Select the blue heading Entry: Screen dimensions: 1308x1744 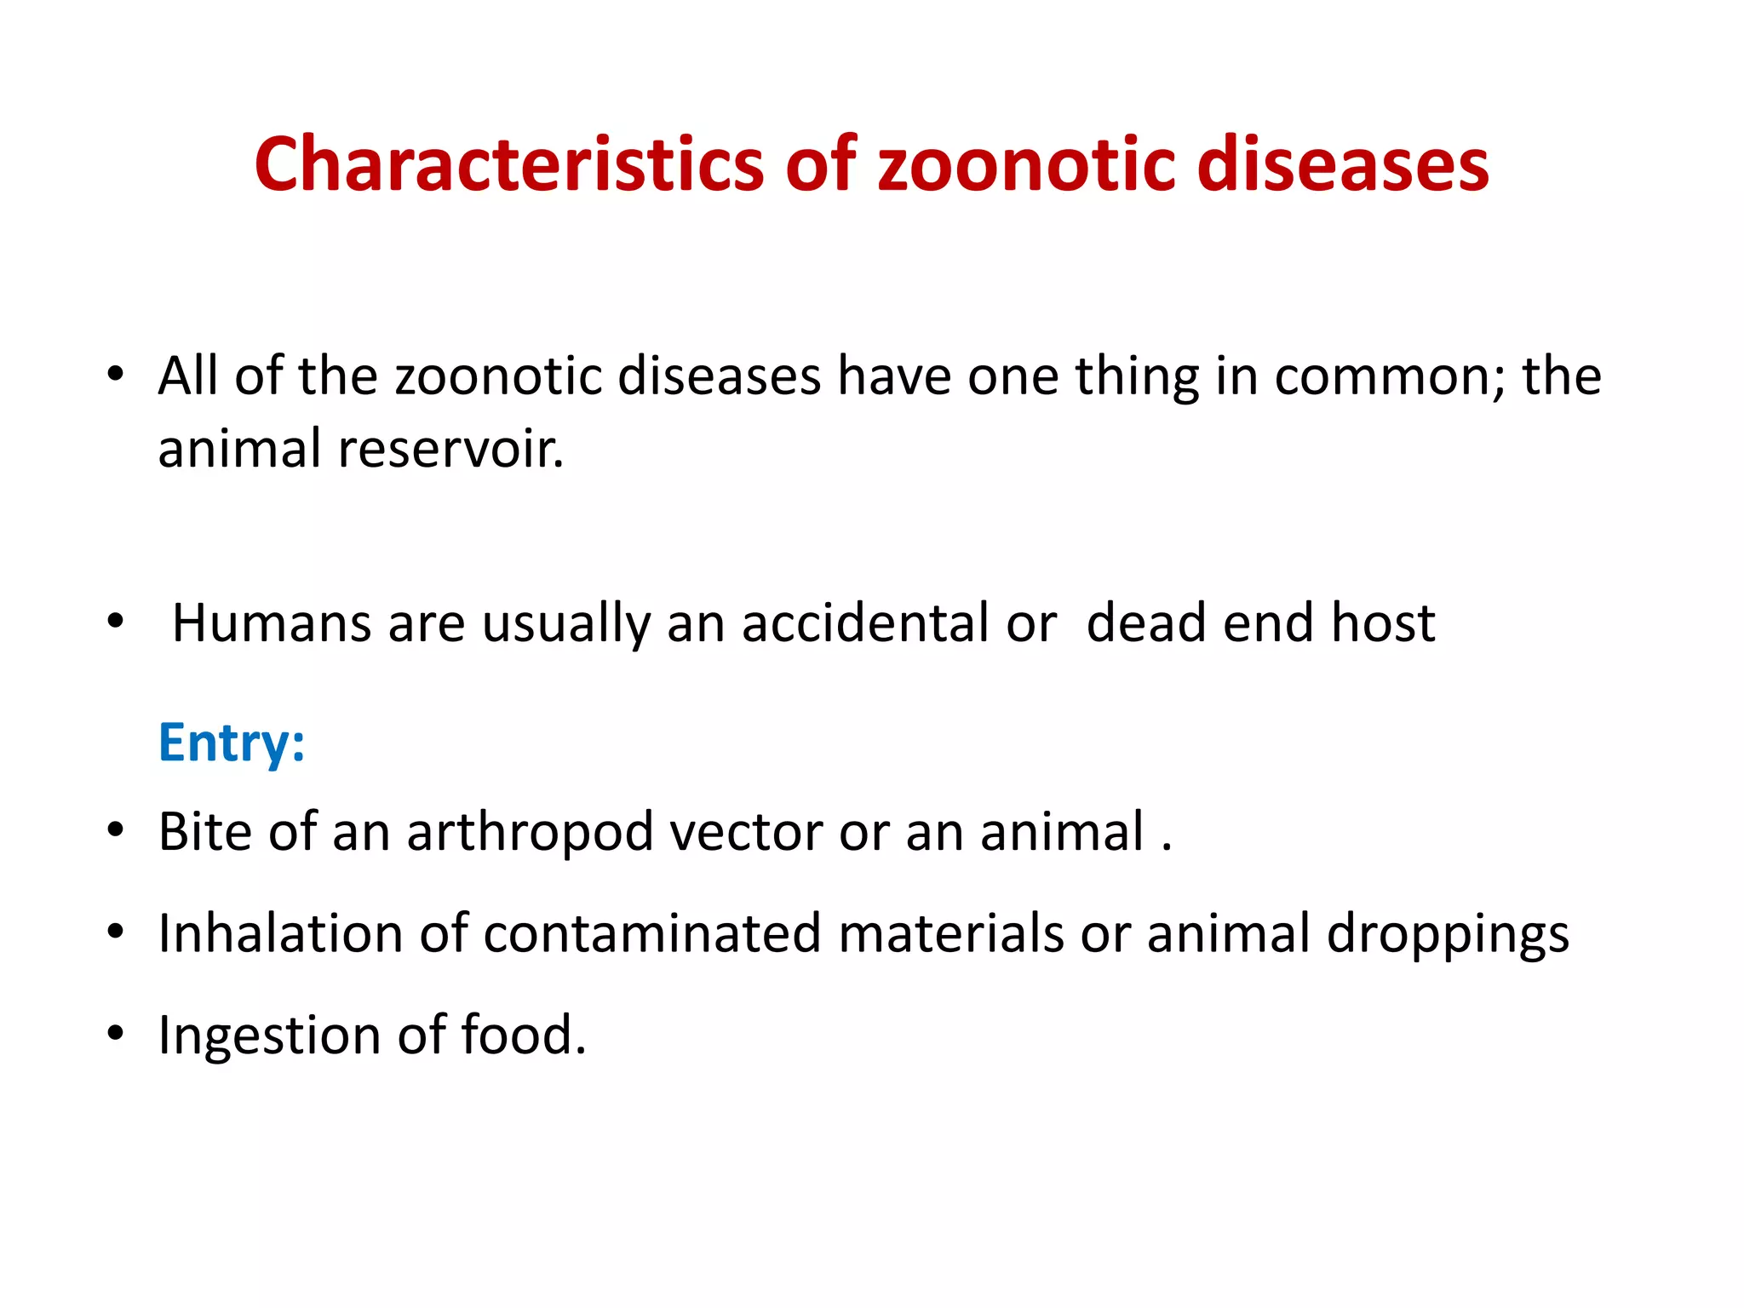pyautogui.click(x=231, y=743)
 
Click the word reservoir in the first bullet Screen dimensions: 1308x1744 pyautogui.click(x=450, y=449)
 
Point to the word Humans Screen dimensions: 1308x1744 pyautogui.click(x=271, y=622)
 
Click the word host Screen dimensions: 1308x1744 pyautogui.click(x=1383, y=622)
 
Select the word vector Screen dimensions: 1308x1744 pyautogui.click(x=744, y=832)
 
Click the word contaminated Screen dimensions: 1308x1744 pyautogui.click(x=651, y=933)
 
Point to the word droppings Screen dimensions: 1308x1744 pyautogui.click(x=1447, y=935)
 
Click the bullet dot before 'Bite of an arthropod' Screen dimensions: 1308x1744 pyautogui.click(x=117, y=829)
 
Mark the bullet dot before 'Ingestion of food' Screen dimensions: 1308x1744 pyautogui.click(x=117, y=1034)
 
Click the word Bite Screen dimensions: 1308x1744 pyautogui.click(x=204, y=831)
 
